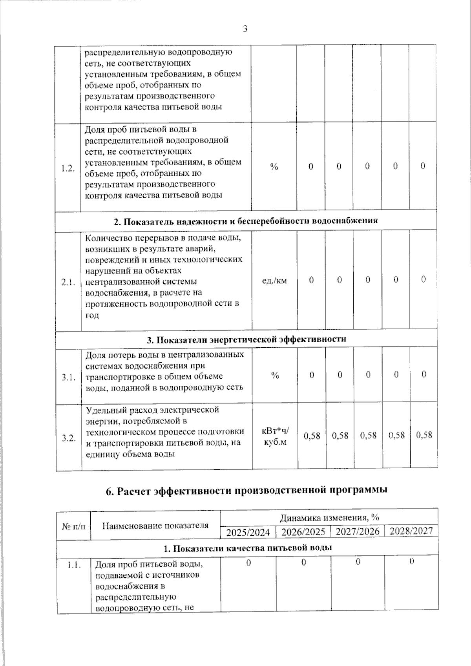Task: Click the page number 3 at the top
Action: coord(245,29)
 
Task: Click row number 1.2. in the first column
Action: coord(68,168)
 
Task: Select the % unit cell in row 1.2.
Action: coord(274,166)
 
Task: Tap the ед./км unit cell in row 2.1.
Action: coord(274,280)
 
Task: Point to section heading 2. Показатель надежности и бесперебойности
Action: coord(246,221)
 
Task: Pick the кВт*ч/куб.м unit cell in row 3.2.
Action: coord(275,436)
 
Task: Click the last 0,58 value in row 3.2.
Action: coord(424,435)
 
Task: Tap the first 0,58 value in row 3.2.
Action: coord(312,436)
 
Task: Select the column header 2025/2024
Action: coord(248,532)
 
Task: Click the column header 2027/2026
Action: coord(358,531)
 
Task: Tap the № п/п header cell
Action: coord(73,525)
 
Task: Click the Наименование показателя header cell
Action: coord(155,525)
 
